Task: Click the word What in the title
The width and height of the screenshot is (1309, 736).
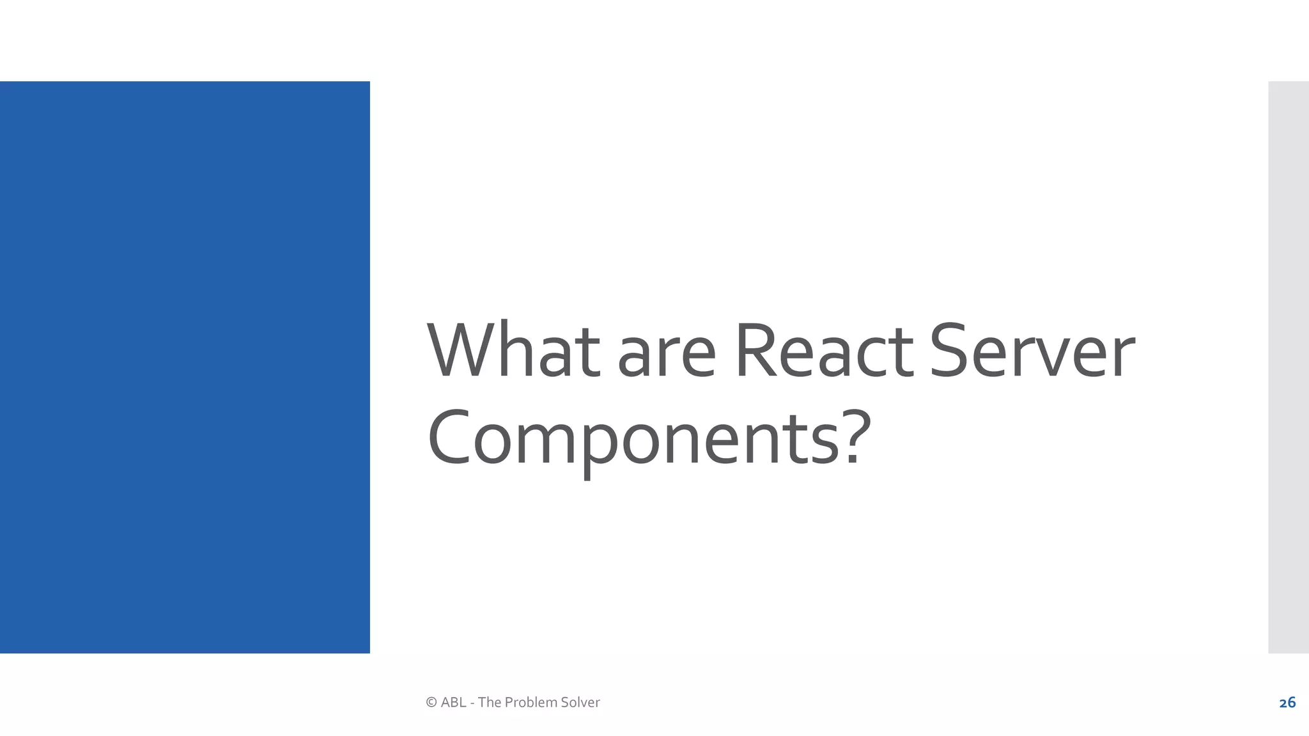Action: click(514, 351)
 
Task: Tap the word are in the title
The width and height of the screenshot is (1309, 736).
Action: click(667, 355)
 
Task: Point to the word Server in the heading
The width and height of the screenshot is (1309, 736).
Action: click(1032, 351)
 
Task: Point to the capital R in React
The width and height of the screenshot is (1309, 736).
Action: click(754, 351)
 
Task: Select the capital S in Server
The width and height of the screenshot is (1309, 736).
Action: click(949, 351)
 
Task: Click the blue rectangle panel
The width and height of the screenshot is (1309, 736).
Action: click(185, 367)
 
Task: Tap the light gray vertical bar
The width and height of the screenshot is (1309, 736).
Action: click(1288, 367)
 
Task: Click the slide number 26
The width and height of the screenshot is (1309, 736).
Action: click(1287, 703)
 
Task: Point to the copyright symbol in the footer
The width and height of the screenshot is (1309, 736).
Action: click(431, 703)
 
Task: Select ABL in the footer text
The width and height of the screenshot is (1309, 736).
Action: click(453, 703)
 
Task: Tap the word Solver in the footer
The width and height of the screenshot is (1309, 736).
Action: click(580, 703)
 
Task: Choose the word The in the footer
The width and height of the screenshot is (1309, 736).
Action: click(489, 703)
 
